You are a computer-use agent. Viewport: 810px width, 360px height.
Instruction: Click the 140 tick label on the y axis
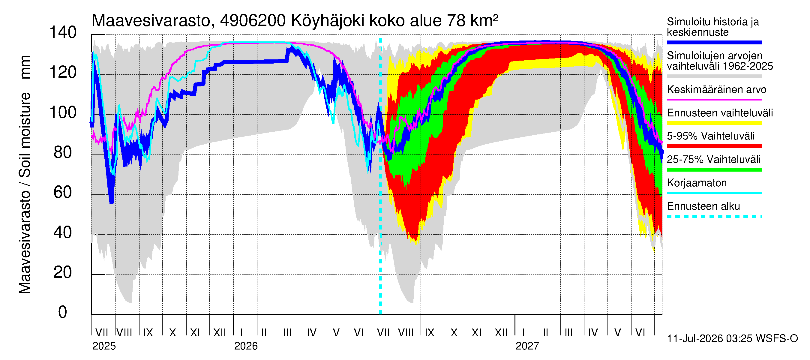pos(63,33)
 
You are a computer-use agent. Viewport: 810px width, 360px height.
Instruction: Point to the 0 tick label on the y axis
pos(63,312)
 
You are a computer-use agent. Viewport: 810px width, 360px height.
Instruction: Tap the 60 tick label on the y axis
pos(63,192)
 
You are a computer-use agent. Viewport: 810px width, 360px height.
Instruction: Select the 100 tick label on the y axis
pos(63,112)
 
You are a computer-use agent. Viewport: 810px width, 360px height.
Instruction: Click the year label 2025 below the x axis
pos(104,346)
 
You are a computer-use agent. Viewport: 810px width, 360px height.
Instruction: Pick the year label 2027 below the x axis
pos(527,346)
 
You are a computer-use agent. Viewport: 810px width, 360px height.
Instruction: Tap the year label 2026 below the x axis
pos(246,346)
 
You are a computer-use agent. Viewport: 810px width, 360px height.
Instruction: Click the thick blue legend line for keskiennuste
pos(714,42)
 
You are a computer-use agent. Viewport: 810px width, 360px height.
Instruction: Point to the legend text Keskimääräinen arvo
pos(717,90)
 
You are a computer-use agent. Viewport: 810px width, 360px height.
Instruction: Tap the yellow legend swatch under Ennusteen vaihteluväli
pos(714,123)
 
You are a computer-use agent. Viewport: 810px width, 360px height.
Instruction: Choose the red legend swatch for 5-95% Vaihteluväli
pos(714,146)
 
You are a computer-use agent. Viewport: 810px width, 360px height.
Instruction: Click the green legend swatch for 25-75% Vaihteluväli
pos(714,170)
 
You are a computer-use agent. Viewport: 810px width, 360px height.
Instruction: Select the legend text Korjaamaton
pos(697,183)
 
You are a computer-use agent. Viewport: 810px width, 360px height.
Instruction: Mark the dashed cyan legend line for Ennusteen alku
pos(714,216)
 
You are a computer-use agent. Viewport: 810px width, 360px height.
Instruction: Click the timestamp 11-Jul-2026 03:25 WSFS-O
pos(732,339)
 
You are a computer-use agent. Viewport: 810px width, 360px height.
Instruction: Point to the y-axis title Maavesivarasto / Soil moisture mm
pos(25,175)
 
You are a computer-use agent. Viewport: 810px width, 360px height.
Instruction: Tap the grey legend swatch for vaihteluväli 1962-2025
pos(714,76)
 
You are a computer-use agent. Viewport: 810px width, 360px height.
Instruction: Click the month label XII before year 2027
pos(501,333)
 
